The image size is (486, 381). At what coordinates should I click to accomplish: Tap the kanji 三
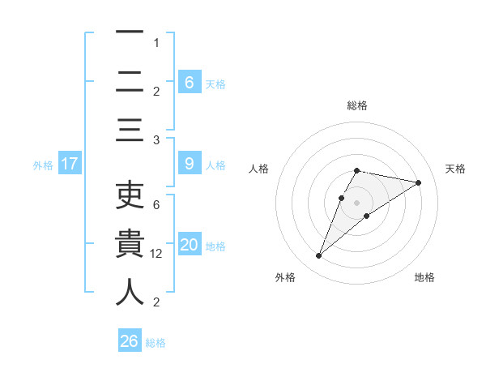point(130,130)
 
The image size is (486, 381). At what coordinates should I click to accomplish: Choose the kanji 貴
point(130,244)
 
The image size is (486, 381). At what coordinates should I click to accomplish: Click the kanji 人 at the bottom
point(130,292)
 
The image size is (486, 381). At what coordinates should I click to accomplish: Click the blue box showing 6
point(189,82)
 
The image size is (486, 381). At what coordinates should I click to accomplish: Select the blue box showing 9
point(189,164)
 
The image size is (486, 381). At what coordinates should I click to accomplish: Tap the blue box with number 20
point(189,245)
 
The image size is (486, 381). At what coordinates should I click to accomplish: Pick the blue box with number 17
point(69,164)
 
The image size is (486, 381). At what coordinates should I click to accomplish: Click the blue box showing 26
point(129,341)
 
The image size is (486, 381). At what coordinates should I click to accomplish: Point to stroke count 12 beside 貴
point(157,254)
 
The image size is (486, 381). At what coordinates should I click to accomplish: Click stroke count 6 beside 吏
point(156,205)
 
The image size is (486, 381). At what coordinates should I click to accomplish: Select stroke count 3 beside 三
point(156,140)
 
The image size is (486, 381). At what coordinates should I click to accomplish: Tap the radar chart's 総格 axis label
point(356,105)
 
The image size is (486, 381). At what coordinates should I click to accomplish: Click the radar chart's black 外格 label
point(285,277)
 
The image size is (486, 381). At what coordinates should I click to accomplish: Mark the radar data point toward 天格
point(418,182)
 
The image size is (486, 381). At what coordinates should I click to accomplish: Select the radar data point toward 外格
point(318,256)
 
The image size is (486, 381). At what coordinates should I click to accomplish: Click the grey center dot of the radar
point(356,202)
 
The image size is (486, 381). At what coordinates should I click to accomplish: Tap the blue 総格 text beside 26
point(156,342)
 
